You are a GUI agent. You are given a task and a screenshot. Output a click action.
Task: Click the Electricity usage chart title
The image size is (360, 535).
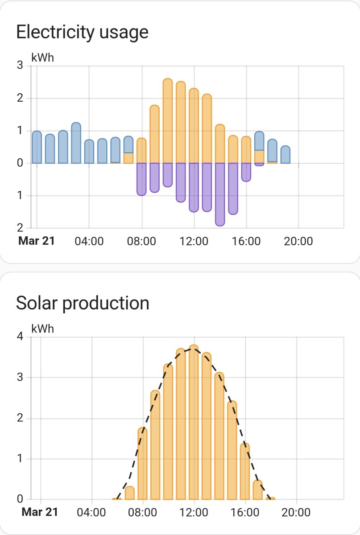[82, 32]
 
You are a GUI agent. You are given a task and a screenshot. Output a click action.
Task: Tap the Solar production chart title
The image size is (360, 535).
[83, 303]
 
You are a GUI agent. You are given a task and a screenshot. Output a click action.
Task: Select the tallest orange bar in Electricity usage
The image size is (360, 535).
[168, 120]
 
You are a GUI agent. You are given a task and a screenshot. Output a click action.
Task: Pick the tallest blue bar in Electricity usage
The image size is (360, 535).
[76, 143]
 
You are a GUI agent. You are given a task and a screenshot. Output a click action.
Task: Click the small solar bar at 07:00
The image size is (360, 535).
[130, 493]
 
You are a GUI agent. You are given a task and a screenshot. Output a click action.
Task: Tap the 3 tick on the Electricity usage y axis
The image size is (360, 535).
[20, 66]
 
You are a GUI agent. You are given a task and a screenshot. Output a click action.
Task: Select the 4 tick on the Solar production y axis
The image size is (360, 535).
[20, 337]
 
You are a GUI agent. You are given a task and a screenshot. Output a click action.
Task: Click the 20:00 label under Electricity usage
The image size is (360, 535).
[298, 242]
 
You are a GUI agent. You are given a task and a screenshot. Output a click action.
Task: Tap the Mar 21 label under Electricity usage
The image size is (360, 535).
[37, 242]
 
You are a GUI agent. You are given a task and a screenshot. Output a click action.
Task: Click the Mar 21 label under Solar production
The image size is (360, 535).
[40, 512]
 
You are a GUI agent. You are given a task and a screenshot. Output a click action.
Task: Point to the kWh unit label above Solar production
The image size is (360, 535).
[43, 329]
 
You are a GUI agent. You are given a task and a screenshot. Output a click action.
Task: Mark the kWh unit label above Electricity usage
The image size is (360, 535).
[43, 58]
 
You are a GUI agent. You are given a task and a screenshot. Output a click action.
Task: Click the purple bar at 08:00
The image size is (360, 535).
[141, 179]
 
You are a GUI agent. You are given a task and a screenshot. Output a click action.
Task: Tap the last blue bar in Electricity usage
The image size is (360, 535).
[286, 154]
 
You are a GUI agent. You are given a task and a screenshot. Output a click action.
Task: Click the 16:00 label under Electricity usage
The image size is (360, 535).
[246, 242]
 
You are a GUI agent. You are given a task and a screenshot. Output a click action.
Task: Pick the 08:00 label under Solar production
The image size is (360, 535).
[143, 512]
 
